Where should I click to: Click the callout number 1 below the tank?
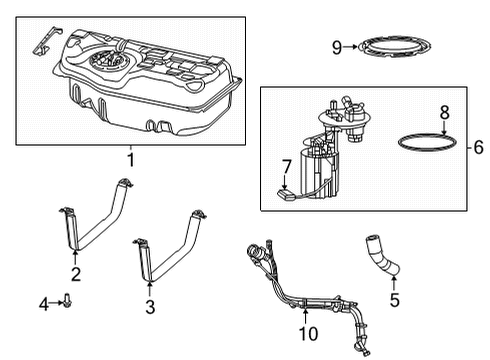pyautogui.click(x=129, y=160)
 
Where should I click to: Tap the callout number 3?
pyautogui.click(x=150, y=308)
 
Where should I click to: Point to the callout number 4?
pyautogui.click(x=43, y=303)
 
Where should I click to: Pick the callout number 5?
pyautogui.click(x=393, y=297)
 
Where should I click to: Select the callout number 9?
pyautogui.click(x=338, y=46)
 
